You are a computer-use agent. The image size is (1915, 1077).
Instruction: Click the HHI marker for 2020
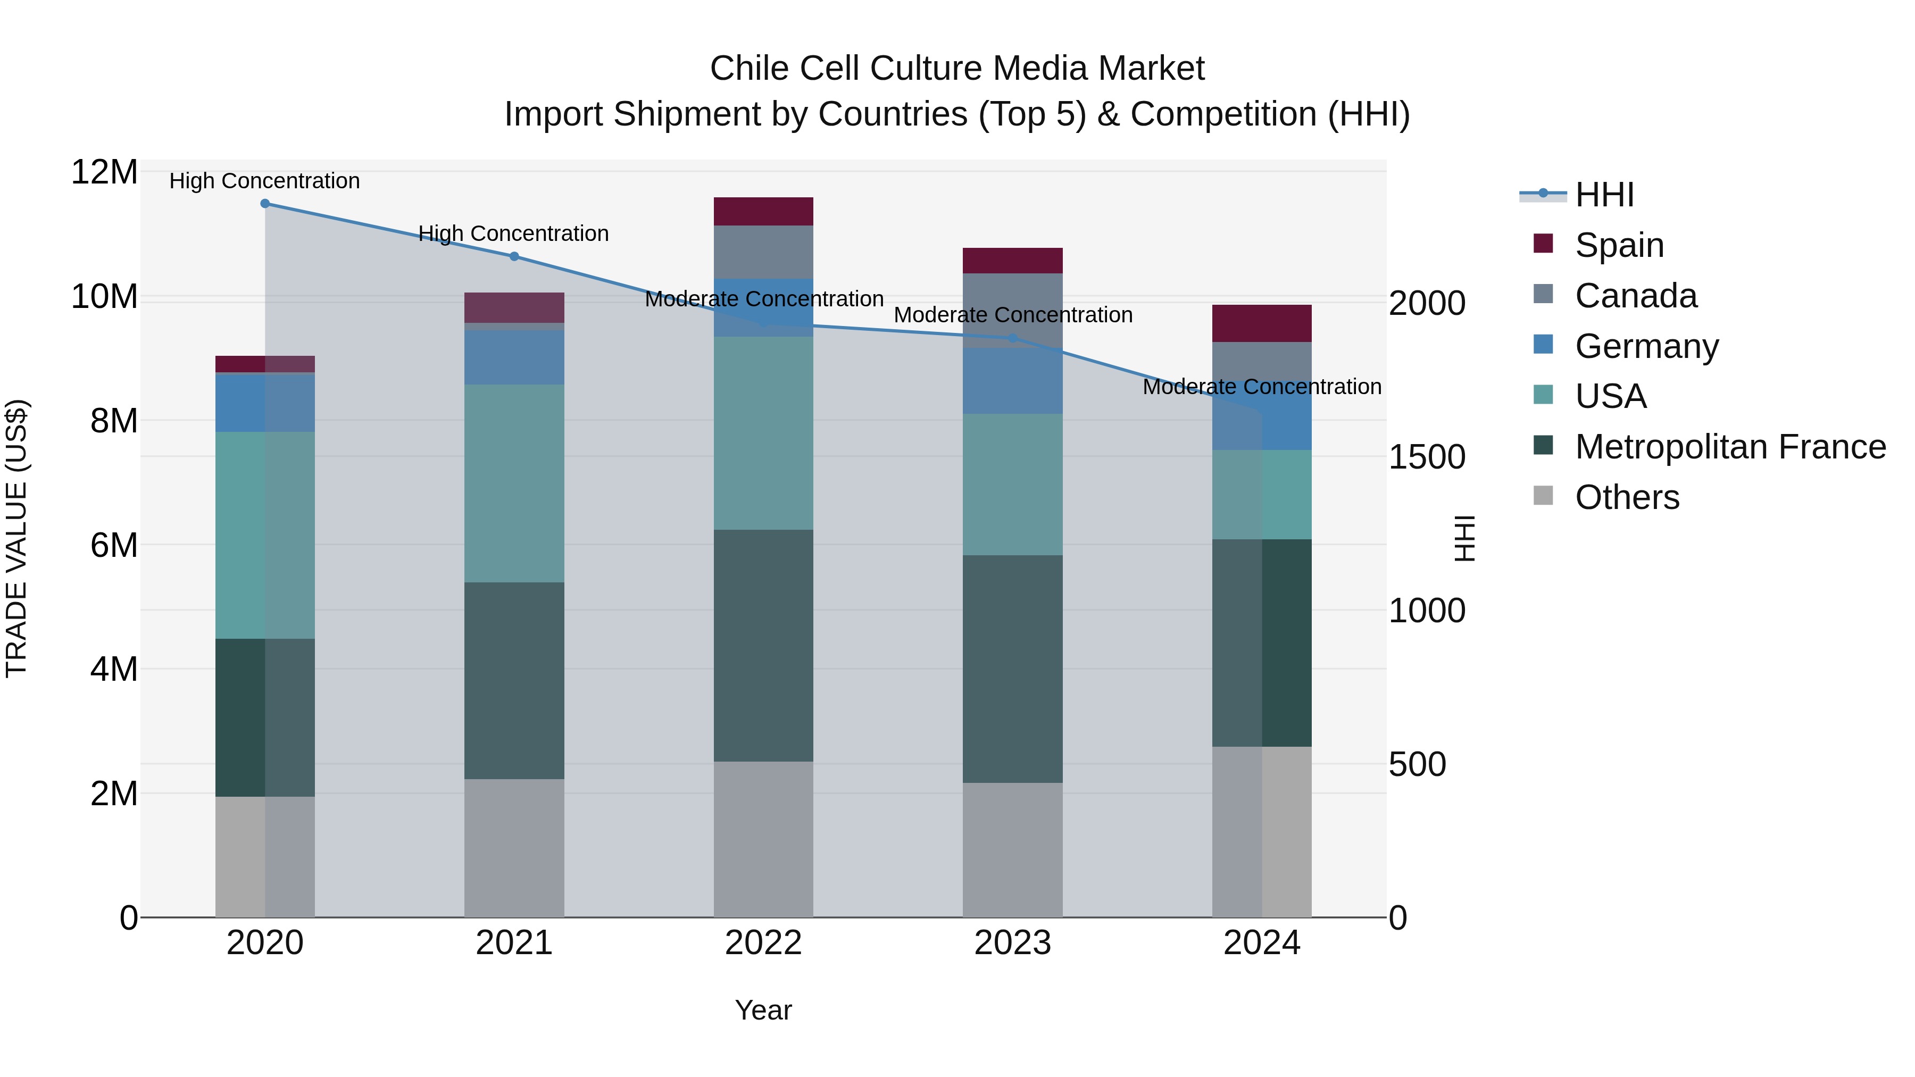point(265,204)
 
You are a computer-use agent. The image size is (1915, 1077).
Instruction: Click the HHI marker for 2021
point(514,256)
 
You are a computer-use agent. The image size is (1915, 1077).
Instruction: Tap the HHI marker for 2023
point(1012,338)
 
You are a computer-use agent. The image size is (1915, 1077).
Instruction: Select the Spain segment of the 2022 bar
point(763,212)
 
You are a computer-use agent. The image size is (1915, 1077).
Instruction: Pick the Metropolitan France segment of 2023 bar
point(1012,669)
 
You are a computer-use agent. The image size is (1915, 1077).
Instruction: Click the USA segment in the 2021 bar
point(514,483)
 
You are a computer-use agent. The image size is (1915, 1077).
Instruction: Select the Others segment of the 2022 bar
point(763,840)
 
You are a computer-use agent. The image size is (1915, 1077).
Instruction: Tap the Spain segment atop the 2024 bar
point(1262,323)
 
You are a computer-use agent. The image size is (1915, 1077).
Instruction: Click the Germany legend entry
point(1646,346)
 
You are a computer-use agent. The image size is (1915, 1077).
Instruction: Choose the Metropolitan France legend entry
point(1730,447)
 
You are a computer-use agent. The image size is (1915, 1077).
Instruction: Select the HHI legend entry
point(1604,195)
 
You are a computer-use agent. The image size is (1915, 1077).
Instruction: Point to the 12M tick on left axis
point(104,172)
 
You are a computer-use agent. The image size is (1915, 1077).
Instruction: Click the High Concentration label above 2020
point(265,181)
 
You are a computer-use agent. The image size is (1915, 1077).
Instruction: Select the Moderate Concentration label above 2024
point(1262,387)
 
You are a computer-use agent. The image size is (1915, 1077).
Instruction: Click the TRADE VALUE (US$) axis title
point(16,538)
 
